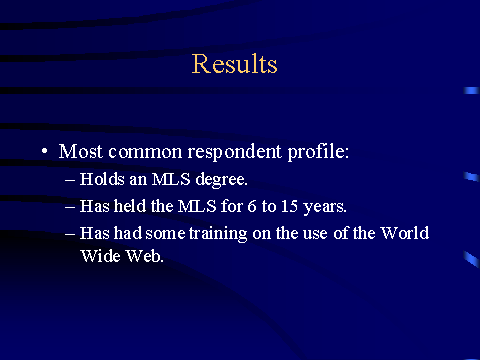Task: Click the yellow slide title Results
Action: [x=235, y=64]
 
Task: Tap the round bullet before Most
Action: [x=45, y=152]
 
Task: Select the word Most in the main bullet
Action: [x=80, y=152]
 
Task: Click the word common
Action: [x=145, y=153]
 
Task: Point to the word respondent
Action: [x=235, y=153]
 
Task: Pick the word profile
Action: [x=318, y=152]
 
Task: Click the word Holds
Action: [x=102, y=179]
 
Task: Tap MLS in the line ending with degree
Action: [x=171, y=179]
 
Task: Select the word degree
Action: [x=221, y=180]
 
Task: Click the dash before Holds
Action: [x=70, y=180]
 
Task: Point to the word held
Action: [x=130, y=206]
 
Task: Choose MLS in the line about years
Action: [x=197, y=206]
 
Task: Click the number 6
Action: [x=252, y=206]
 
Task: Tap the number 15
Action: [x=289, y=206]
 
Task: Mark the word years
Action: [x=325, y=207]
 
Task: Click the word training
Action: [x=218, y=234]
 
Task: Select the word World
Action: [x=405, y=233]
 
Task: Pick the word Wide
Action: [x=100, y=256]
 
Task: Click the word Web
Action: [x=145, y=256]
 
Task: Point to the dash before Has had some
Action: [x=70, y=234]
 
